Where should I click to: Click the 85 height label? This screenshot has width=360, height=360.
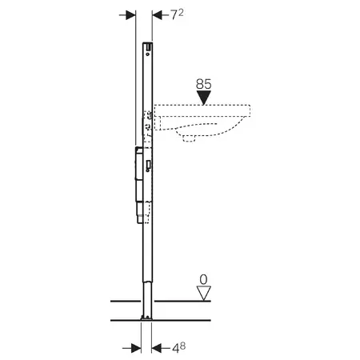[203, 84]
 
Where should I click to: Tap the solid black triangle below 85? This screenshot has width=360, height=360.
[204, 98]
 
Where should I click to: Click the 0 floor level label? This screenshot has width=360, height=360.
[203, 280]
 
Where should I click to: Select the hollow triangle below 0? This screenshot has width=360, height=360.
[204, 294]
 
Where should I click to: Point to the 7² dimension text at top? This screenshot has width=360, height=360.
[177, 14]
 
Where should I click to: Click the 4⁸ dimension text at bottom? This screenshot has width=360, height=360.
[178, 348]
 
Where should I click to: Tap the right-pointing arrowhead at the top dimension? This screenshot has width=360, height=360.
[130, 15]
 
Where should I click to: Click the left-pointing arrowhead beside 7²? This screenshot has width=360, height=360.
[158, 15]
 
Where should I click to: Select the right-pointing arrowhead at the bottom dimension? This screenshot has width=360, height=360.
[136, 348]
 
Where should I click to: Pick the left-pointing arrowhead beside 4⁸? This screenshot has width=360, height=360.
[157, 348]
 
